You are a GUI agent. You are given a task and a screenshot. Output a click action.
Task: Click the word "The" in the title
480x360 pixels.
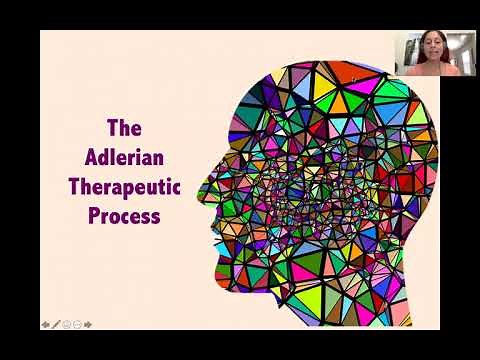[124, 128]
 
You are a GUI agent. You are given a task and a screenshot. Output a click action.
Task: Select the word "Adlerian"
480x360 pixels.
[124, 157]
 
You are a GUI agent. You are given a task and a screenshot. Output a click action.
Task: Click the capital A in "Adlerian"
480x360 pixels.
[92, 157]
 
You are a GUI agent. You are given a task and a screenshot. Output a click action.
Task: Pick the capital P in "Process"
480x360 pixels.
[95, 215]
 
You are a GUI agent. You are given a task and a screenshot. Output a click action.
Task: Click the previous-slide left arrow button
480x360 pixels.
[46, 324]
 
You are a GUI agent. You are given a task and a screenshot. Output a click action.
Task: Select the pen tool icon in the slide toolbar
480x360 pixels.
[56, 324]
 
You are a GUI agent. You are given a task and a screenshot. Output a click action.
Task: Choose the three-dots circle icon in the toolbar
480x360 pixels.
[77, 324]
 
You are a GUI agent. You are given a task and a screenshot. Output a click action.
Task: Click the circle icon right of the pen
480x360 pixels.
[66, 324]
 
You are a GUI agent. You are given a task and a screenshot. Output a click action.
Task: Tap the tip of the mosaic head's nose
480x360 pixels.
[203, 187]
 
